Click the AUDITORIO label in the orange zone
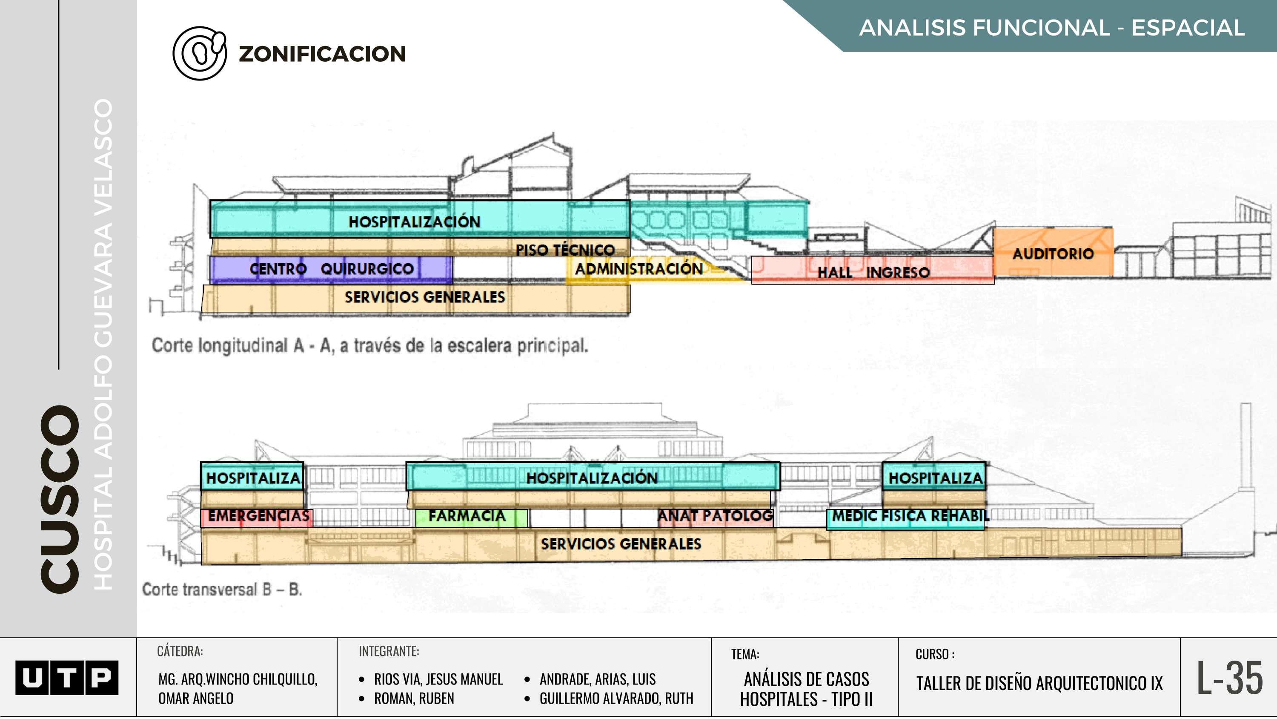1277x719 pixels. coord(1053,253)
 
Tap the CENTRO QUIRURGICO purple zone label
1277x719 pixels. coord(331,269)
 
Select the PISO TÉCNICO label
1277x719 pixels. coord(565,249)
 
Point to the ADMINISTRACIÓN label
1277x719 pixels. coord(638,269)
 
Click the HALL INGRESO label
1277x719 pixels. coord(873,272)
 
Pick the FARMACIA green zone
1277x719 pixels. coord(467,516)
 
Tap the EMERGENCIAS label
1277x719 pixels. coord(258,516)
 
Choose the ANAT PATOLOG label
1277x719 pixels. coord(715,516)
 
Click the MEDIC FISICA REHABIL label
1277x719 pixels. coord(910,516)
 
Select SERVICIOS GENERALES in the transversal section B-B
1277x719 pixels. coord(621,544)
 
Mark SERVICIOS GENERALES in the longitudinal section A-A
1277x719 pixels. coord(424,297)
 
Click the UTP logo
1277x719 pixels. coord(66,677)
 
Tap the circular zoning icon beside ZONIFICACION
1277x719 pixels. coord(199,54)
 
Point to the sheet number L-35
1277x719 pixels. coord(1229,677)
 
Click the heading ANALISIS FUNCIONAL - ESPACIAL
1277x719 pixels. coord(1052,28)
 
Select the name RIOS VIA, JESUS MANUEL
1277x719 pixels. coord(438,679)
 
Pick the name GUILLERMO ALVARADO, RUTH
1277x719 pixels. coord(616,698)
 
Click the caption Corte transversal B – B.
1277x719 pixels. coord(222,590)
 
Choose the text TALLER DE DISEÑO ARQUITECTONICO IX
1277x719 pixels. coord(1039,683)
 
